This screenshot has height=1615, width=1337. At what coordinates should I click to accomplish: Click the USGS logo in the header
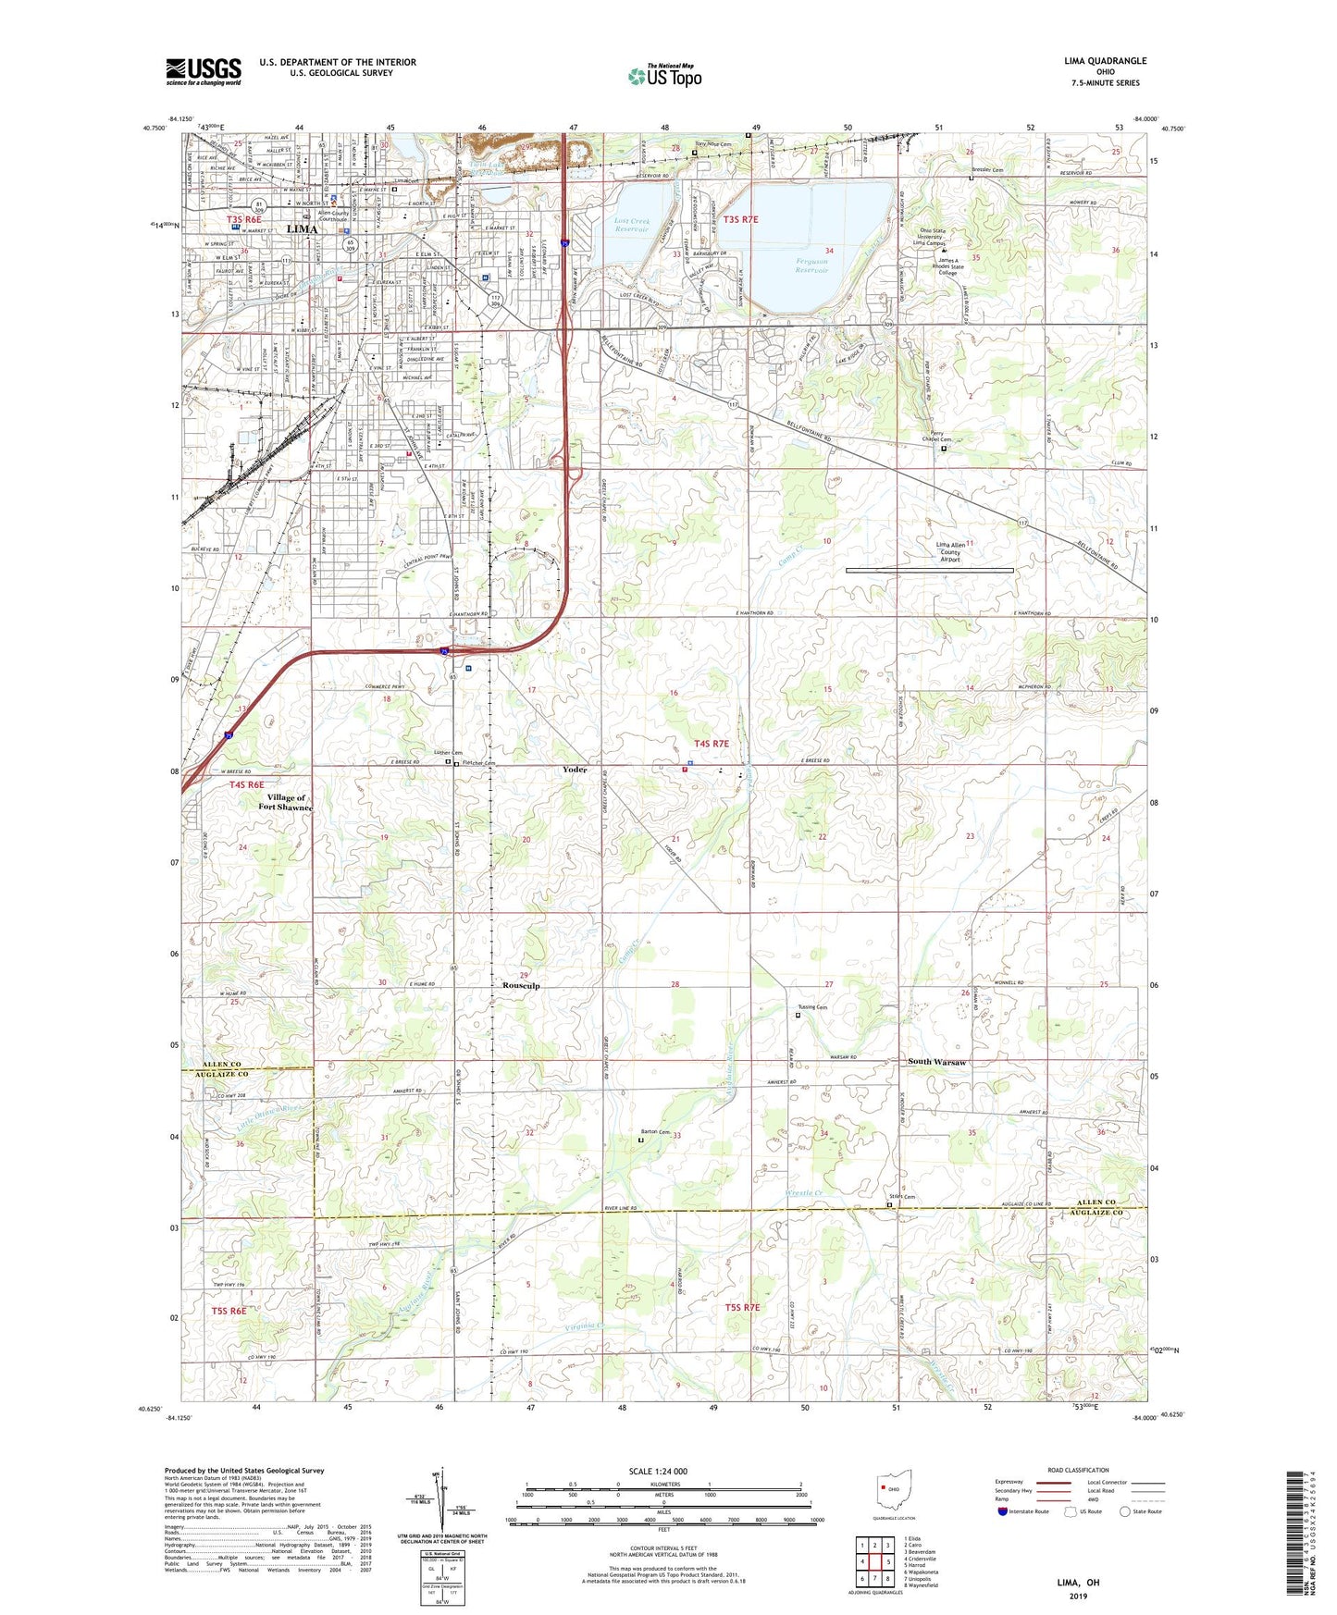click(204, 71)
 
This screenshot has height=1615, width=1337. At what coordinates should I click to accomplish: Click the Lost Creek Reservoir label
click(632, 225)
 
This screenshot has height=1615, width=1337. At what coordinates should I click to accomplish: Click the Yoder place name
click(575, 770)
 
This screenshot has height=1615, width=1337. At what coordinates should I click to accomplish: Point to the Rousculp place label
click(521, 986)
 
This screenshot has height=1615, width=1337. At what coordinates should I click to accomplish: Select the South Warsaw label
click(936, 1062)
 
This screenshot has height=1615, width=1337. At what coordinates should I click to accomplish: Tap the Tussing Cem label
click(811, 1007)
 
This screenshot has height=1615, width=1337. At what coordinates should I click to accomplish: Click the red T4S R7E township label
click(712, 744)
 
